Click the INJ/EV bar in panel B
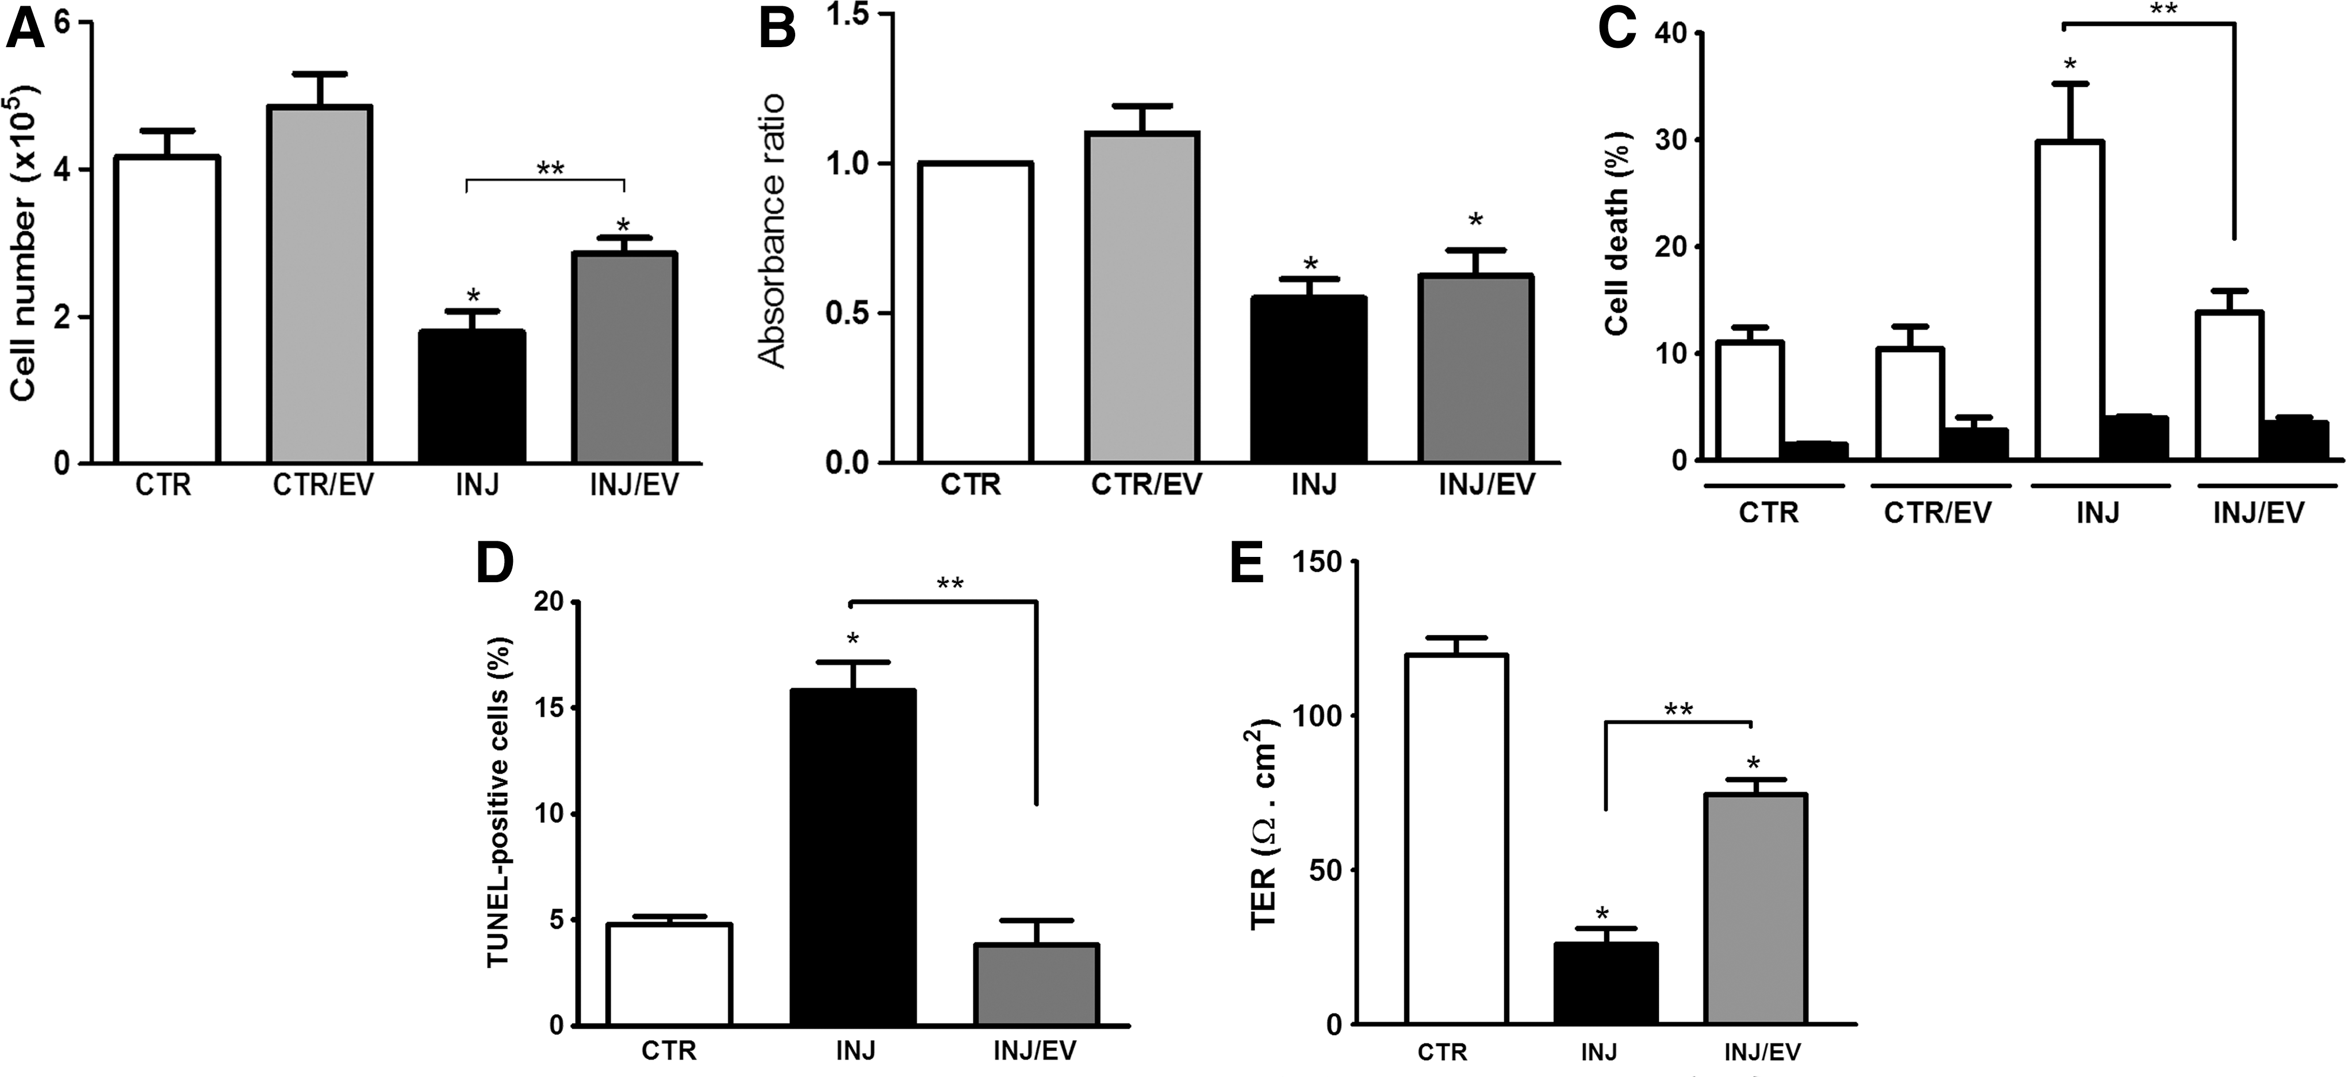[1475, 369]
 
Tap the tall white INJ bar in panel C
[2070, 300]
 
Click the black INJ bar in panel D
[852, 857]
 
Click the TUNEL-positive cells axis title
[501, 803]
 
